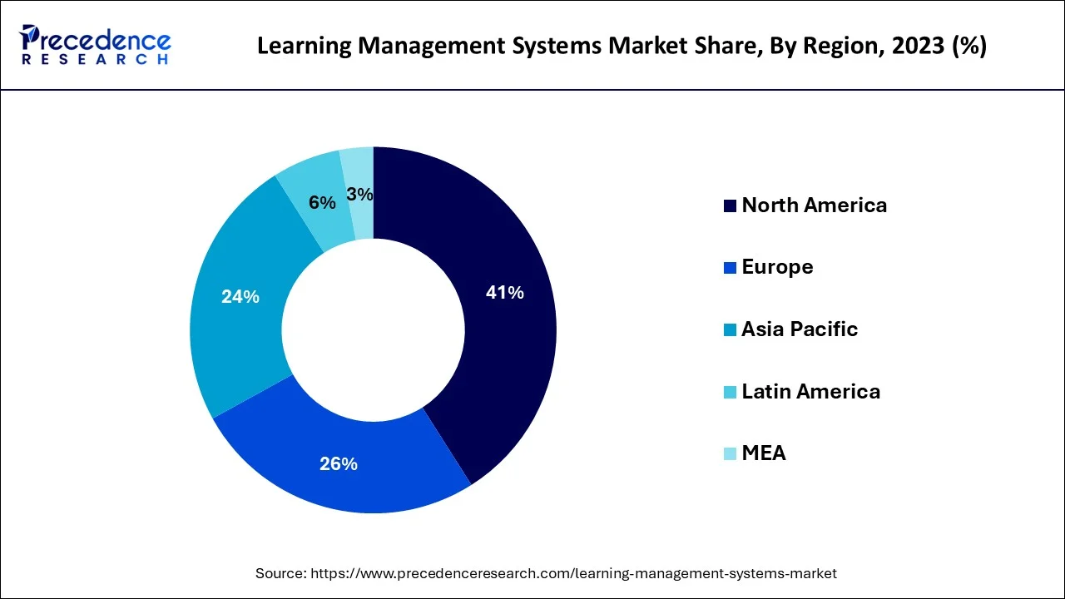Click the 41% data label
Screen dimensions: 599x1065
pos(505,293)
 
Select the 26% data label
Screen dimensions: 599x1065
pos(339,464)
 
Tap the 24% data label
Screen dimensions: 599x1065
pos(240,296)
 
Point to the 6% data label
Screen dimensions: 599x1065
pos(322,202)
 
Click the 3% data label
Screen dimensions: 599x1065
pos(359,195)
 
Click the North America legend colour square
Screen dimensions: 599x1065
pos(730,205)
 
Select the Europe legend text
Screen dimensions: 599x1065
pos(777,267)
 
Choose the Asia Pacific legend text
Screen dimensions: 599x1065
pos(800,329)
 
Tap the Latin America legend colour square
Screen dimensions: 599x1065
pos(730,392)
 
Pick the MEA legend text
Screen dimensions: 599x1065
pos(764,453)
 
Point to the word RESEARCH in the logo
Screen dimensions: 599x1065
pos(96,60)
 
